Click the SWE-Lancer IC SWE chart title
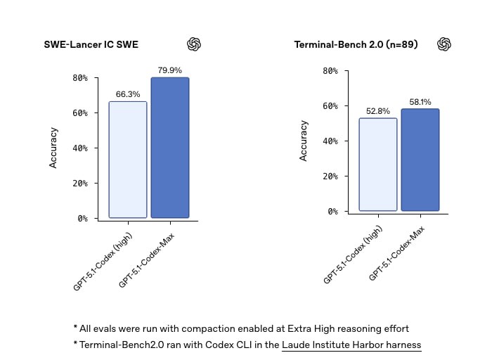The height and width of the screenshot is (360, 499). (x=91, y=45)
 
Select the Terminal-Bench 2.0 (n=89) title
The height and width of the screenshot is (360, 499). (x=356, y=45)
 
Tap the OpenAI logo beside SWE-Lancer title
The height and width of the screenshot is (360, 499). (x=194, y=44)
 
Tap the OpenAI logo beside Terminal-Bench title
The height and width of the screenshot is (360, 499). (x=444, y=44)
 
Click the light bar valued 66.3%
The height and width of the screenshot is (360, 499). (x=127, y=160)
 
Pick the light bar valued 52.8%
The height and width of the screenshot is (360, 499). (x=378, y=165)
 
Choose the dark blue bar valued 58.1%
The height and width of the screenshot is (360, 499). (x=420, y=160)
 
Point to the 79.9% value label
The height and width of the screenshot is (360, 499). (x=170, y=70)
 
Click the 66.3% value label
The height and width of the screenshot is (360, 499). (x=127, y=94)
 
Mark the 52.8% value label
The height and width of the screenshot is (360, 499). (x=378, y=111)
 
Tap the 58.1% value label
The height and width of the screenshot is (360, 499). (x=420, y=102)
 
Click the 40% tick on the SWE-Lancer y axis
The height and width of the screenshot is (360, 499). (x=80, y=148)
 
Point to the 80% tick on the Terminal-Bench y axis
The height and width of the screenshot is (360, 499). (x=330, y=71)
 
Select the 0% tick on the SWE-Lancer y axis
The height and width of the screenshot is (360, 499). (x=82, y=219)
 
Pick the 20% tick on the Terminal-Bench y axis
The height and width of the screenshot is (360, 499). (x=330, y=176)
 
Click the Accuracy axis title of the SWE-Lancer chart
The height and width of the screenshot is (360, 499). (x=53, y=147)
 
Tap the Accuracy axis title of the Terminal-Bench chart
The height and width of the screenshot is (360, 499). (x=304, y=141)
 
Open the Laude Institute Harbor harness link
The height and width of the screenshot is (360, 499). (x=351, y=345)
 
